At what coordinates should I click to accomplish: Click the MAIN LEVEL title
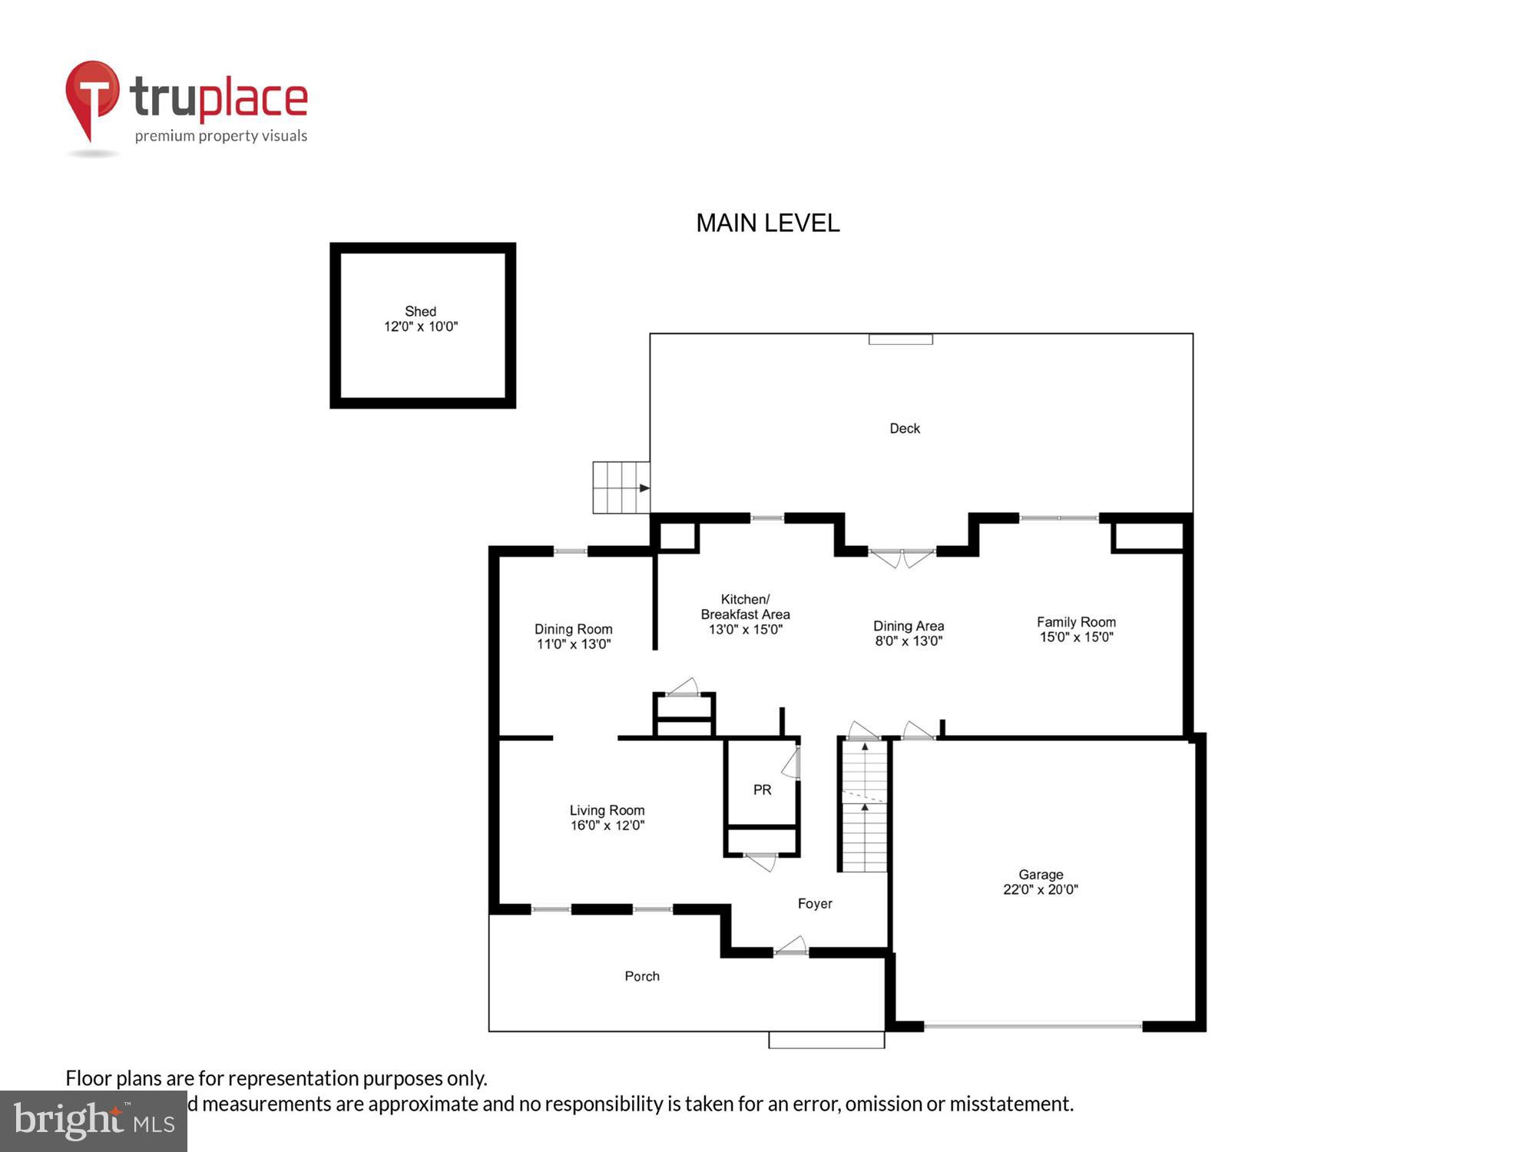tap(767, 223)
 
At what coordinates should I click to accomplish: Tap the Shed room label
tap(420, 311)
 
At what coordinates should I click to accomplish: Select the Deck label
tap(904, 429)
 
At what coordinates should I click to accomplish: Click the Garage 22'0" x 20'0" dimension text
tap(1040, 889)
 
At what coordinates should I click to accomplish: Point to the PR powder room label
tap(762, 790)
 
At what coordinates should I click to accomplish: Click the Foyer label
tap(814, 904)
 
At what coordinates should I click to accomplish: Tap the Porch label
tap(641, 976)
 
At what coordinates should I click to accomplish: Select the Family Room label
tap(1075, 622)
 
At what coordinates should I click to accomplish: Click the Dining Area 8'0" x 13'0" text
tap(908, 641)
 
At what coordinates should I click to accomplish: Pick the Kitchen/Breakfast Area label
tap(745, 607)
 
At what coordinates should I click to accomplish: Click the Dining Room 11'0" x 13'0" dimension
tap(573, 644)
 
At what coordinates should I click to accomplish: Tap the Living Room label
tap(607, 810)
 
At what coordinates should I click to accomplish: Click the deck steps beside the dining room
tap(621, 488)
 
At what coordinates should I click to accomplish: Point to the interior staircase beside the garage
tap(865, 806)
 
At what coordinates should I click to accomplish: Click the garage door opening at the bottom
tap(1032, 1025)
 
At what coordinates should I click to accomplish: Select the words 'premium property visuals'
tap(221, 137)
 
